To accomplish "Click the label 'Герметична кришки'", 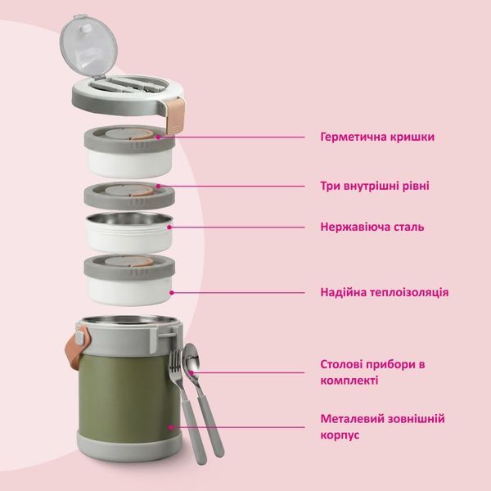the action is click(377, 137).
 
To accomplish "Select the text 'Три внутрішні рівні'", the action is click(375, 186).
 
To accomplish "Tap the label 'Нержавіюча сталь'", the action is click(372, 227).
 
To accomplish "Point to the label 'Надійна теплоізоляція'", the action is click(385, 292).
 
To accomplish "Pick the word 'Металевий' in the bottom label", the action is click(349, 419).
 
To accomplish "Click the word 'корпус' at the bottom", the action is click(340, 435).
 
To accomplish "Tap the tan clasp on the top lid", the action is click(175, 115).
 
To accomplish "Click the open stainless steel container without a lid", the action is click(129, 232).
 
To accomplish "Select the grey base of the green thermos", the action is click(129, 445).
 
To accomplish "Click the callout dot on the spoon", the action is click(191, 372).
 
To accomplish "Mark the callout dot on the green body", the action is click(171, 427).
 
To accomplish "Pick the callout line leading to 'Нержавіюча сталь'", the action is click(237, 227).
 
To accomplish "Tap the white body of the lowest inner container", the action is click(129, 291).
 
